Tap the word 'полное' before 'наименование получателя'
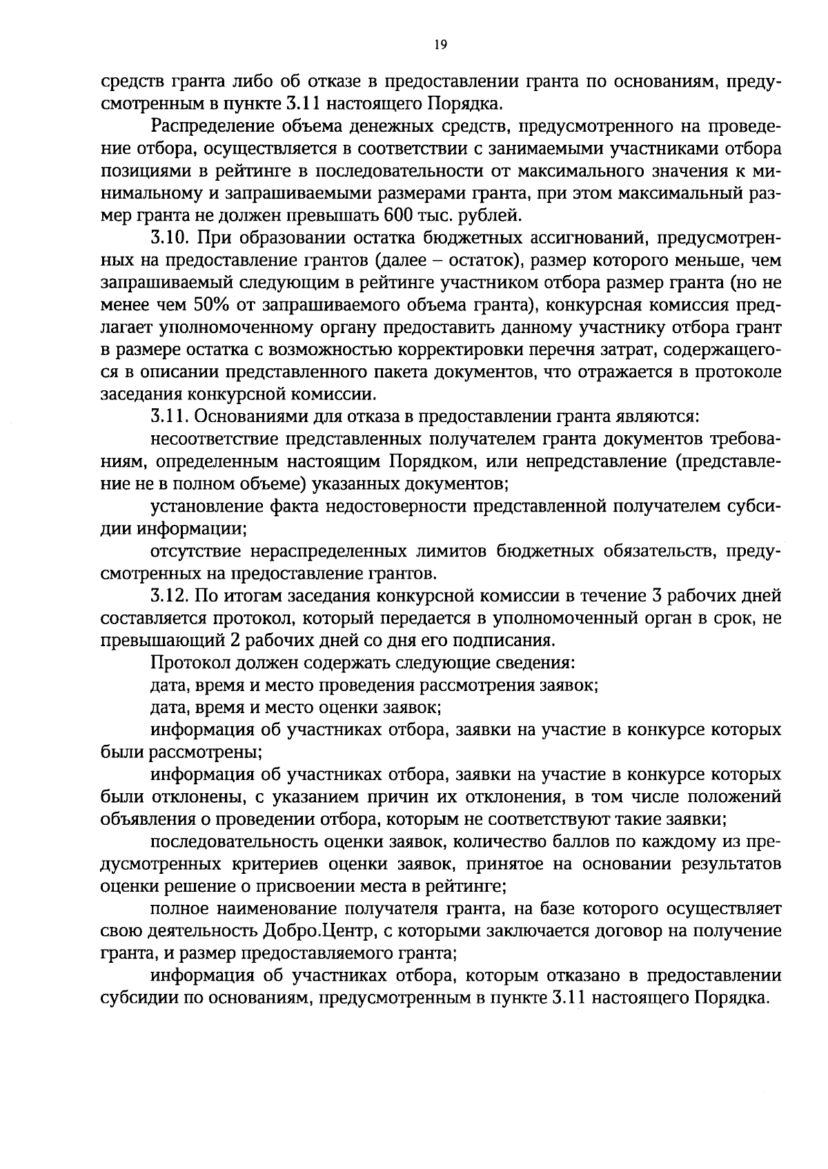(x=174, y=909)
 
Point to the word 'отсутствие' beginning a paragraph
(x=195, y=551)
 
